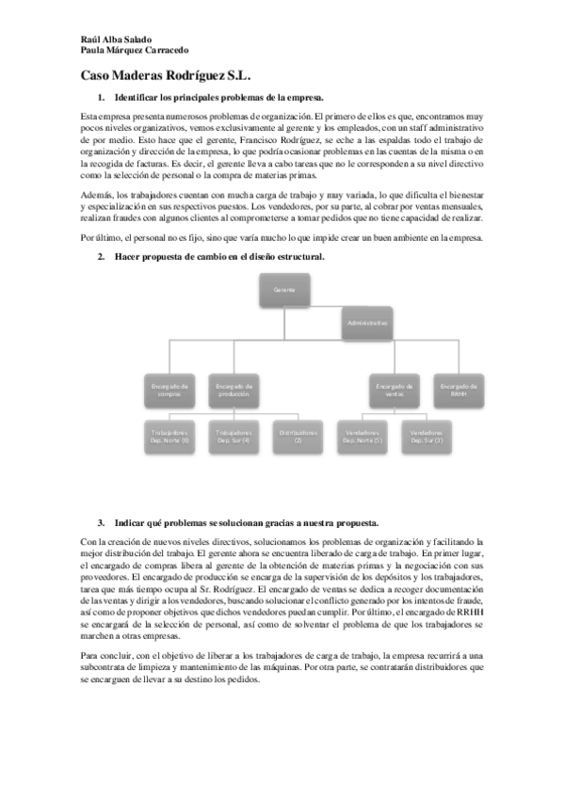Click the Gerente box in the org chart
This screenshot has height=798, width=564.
point(285,290)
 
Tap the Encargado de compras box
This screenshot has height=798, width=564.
point(169,390)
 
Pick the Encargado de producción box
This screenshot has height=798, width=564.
point(234,390)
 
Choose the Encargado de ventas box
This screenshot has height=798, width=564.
point(394,390)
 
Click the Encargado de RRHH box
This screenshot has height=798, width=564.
point(459,390)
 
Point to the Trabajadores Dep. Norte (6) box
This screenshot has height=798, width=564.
point(169,437)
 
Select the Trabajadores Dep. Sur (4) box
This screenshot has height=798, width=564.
point(234,437)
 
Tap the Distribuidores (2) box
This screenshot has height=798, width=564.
point(298,437)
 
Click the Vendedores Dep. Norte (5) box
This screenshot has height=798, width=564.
point(363,437)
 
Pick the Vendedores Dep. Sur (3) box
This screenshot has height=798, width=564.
point(426,437)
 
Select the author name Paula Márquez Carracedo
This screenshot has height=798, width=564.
point(135,51)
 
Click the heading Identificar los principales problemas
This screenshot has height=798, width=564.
point(218,98)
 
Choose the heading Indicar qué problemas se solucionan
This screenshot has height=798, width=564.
point(246,521)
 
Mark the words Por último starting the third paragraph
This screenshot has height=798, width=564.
point(101,238)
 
